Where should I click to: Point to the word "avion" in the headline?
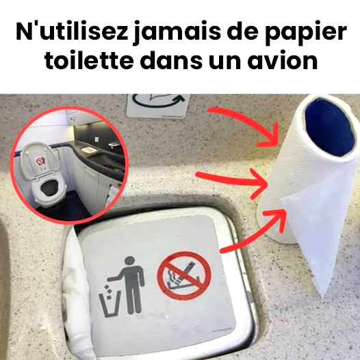(x=283, y=60)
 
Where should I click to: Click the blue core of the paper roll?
(x=329, y=127)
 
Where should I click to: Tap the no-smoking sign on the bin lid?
(x=184, y=276)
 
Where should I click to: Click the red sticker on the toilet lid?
(x=41, y=160)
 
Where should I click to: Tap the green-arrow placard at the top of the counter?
(x=157, y=105)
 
